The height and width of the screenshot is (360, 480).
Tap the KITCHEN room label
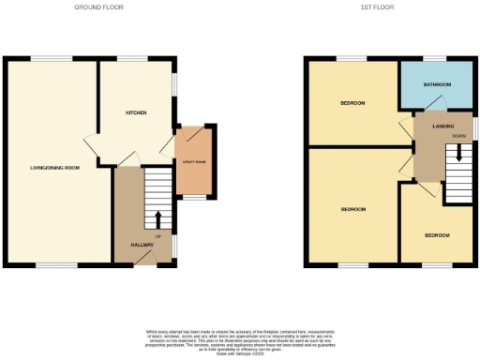pyautogui.click(x=137, y=112)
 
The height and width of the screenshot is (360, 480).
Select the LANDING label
pyautogui.click(x=444, y=125)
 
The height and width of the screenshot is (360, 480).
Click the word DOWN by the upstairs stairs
pyautogui.click(x=457, y=136)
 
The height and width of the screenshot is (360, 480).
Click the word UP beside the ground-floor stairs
pyautogui.click(x=158, y=235)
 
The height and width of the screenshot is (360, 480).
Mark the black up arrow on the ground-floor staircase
pyautogui.click(x=157, y=219)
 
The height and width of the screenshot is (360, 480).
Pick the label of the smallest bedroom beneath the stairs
pyautogui.click(x=436, y=234)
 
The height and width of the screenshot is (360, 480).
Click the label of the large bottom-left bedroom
pyautogui.click(x=352, y=208)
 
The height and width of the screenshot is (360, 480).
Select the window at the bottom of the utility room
pyautogui.click(x=192, y=198)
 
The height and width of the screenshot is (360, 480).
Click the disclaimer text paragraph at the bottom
pyautogui.click(x=240, y=341)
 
